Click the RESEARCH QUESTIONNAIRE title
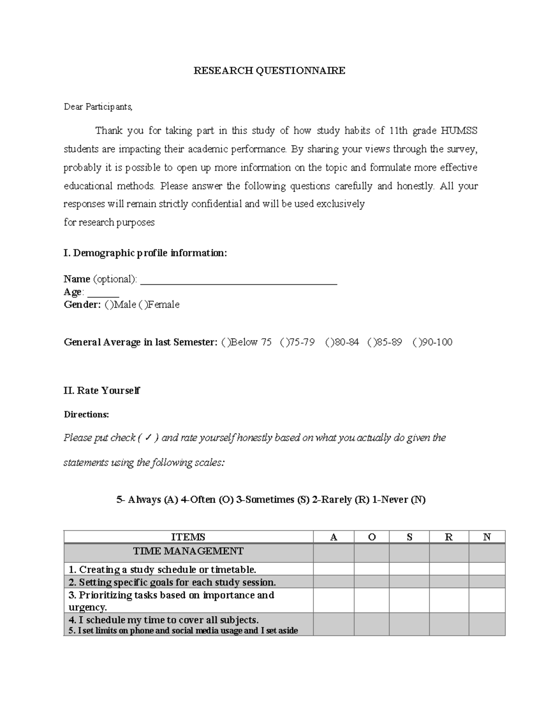[x=269, y=70]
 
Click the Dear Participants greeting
[x=98, y=107]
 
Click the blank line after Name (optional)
[x=239, y=280]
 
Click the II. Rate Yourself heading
[x=102, y=391]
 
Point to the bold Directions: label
[x=86, y=414]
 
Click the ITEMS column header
[x=188, y=537]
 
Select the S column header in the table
[x=409, y=537]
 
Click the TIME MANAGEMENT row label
[x=188, y=552]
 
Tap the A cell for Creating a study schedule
[x=333, y=569]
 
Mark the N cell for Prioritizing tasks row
[x=486, y=601]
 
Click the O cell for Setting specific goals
[x=371, y=582]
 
